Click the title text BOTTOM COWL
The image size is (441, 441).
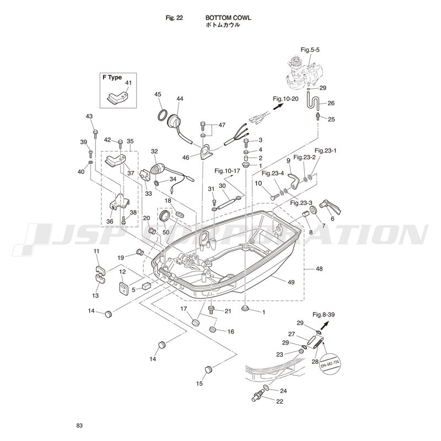[228, 18]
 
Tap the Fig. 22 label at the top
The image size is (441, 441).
[174, 18]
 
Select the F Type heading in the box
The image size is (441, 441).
[112, 78]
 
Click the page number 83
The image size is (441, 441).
[80, 425]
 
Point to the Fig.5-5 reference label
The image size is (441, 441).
[310, 50]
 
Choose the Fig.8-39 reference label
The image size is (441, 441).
[324, 315]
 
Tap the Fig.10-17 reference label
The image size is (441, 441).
[228, 170]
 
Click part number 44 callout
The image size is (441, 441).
[180, 99]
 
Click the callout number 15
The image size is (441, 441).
[200, 383]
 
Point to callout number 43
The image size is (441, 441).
[89, 116]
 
